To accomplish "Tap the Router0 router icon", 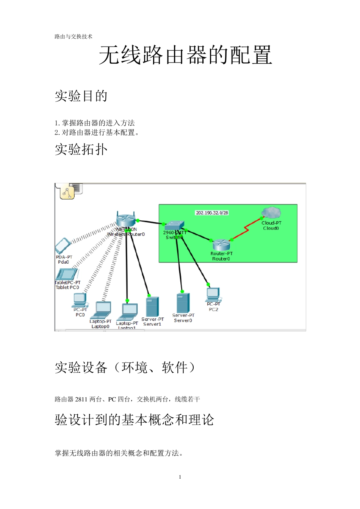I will pos(221,245).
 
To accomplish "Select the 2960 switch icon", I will pos(175,226).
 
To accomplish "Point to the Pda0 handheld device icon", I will pos(63,246).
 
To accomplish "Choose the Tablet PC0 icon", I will pos(67,274).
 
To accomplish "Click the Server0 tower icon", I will pos(183,303).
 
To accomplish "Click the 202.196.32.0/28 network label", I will pos(212,213).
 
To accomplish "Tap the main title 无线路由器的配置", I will pos(185,55).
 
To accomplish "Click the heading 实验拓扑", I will pos(81,149).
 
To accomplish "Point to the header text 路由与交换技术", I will pos(74,37).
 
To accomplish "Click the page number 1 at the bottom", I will pos(180,477).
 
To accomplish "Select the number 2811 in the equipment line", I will pos(81,399).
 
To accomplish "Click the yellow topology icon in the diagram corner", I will pos(67,192).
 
